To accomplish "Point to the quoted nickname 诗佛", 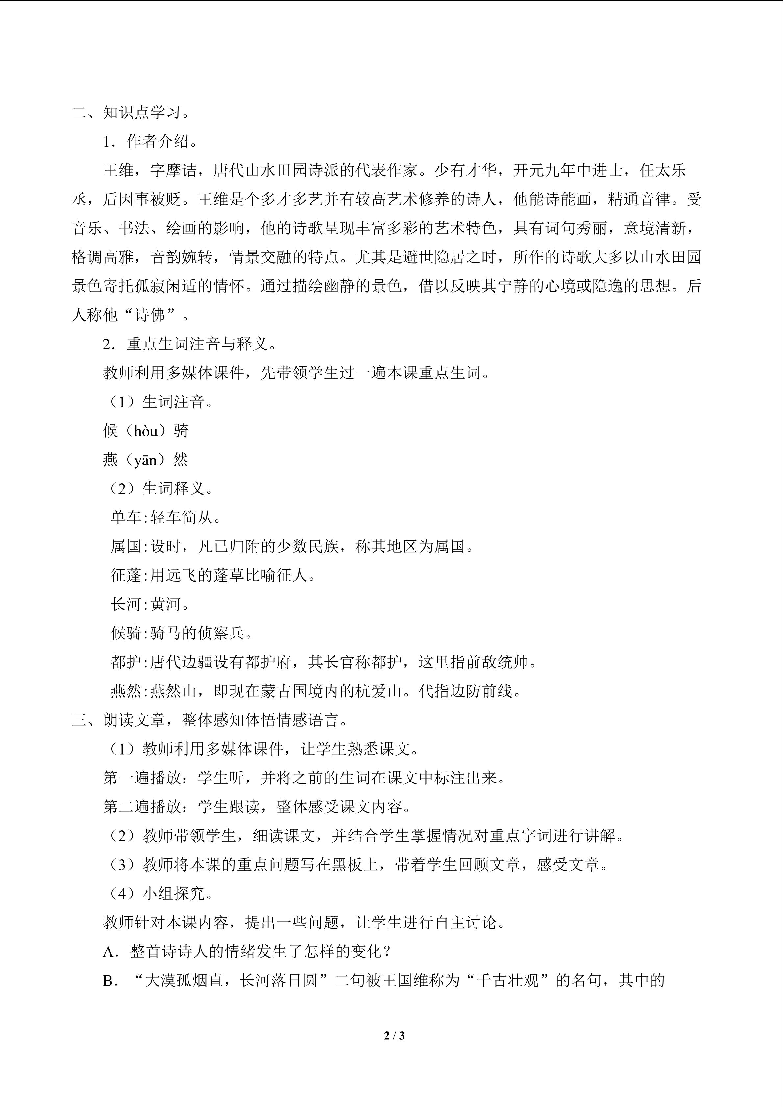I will click(x=150, y=315).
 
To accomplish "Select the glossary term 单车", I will click(x=126, y=518).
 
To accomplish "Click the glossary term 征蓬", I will click(x=126, y=575).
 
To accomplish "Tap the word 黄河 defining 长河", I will click(x=166, y=604).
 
